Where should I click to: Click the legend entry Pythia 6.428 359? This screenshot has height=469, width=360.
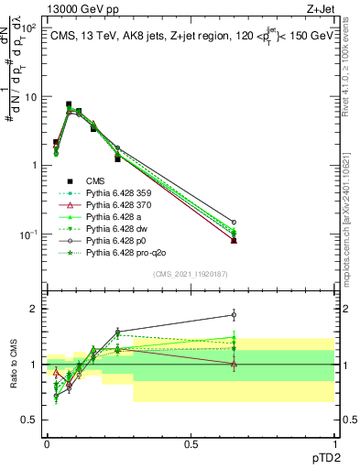click(116, 193)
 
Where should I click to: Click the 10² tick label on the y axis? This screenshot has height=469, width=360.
click(30, 27)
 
